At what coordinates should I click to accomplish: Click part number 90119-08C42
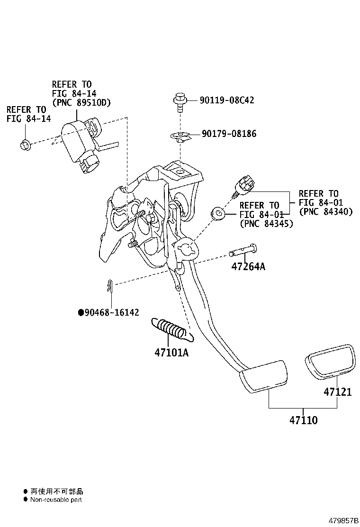click(226, 100)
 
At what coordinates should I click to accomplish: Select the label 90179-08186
click(229, 134)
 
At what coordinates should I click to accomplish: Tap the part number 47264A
click(248, 266)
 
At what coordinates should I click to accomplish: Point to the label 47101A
click(171, 353)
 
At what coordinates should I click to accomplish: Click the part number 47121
click(337, 392)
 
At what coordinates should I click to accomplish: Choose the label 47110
click(303, 420)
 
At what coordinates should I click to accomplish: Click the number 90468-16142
click(112, 312)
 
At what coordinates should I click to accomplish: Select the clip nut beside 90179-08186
click(179, 136)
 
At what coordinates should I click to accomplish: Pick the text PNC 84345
click(266, 223)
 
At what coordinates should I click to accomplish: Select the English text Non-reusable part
click(56, 500)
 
